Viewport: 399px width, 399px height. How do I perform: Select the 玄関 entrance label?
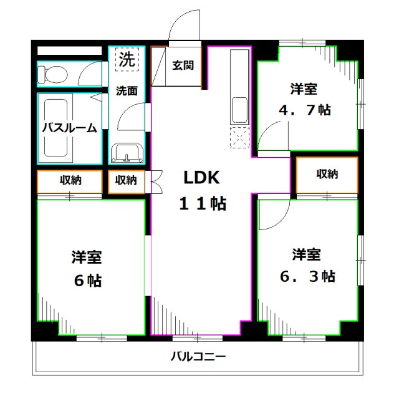pos(183,65)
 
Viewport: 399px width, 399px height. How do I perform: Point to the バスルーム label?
pos(69,128)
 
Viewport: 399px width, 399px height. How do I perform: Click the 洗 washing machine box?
pos(127,60)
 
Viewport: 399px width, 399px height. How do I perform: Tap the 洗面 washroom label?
pos(127,90)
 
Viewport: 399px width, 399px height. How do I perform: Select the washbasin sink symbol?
pos(127,152)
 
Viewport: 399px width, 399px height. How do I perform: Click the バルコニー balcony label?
pos(199,357)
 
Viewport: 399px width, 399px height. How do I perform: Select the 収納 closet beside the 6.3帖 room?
pos(327,175)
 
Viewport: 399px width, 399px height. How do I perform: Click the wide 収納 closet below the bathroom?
pos(69,181)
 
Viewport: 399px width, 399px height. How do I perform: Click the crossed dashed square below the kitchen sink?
pos(240,137)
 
